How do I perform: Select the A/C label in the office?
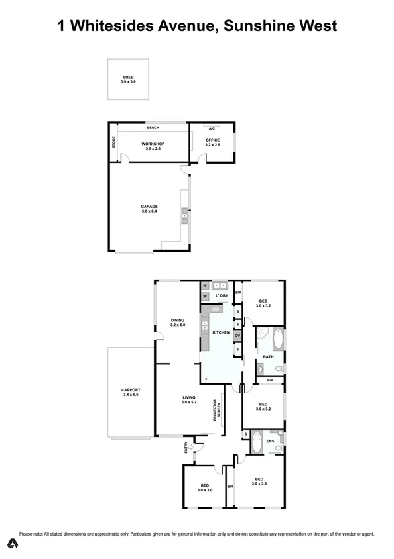coord(212,128)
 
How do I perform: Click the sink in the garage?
coord(185,215)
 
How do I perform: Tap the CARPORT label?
coord(130,392)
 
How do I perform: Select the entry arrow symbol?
coord(191,448)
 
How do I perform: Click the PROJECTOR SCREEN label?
coord(216,411)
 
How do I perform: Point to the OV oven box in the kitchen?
coord(237,336)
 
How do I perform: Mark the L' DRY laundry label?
coord(222,295)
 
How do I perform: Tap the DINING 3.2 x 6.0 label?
coord(177,323)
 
